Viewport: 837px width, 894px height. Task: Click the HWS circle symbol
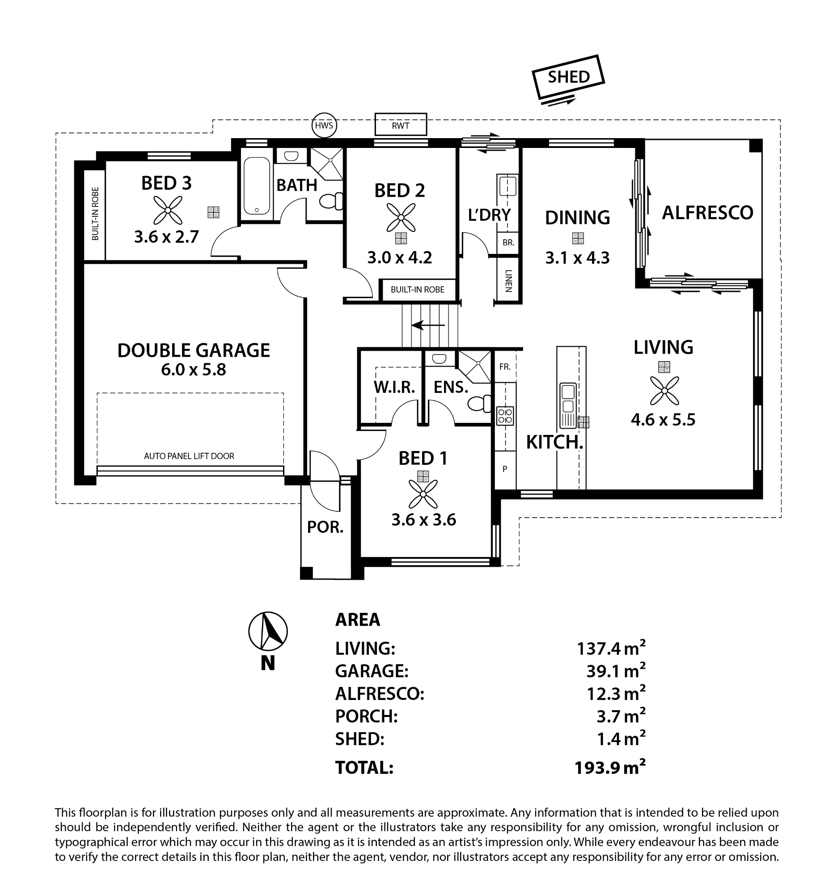324,125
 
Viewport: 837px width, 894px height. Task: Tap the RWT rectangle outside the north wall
400,124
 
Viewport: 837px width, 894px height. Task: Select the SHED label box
568,77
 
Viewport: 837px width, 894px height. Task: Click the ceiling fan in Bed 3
168,210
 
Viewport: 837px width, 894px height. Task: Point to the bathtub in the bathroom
257,186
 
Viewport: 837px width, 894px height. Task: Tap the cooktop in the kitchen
505,415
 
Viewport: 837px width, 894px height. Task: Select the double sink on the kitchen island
568,399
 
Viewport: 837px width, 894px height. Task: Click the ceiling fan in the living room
664,390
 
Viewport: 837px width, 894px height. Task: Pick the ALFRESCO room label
707,213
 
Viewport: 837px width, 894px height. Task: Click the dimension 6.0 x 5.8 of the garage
194,370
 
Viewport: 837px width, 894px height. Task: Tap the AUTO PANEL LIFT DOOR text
189,456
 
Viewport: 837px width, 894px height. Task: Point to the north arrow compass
268,631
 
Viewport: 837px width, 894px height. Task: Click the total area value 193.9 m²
610,767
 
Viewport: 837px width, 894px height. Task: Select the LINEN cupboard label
509,281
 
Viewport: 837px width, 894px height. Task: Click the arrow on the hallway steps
428,325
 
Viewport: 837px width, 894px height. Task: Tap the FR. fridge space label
505,367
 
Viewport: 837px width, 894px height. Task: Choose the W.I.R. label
394,387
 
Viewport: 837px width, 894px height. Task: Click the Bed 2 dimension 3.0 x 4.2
399,257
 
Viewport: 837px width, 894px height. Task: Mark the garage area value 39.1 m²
616,671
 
